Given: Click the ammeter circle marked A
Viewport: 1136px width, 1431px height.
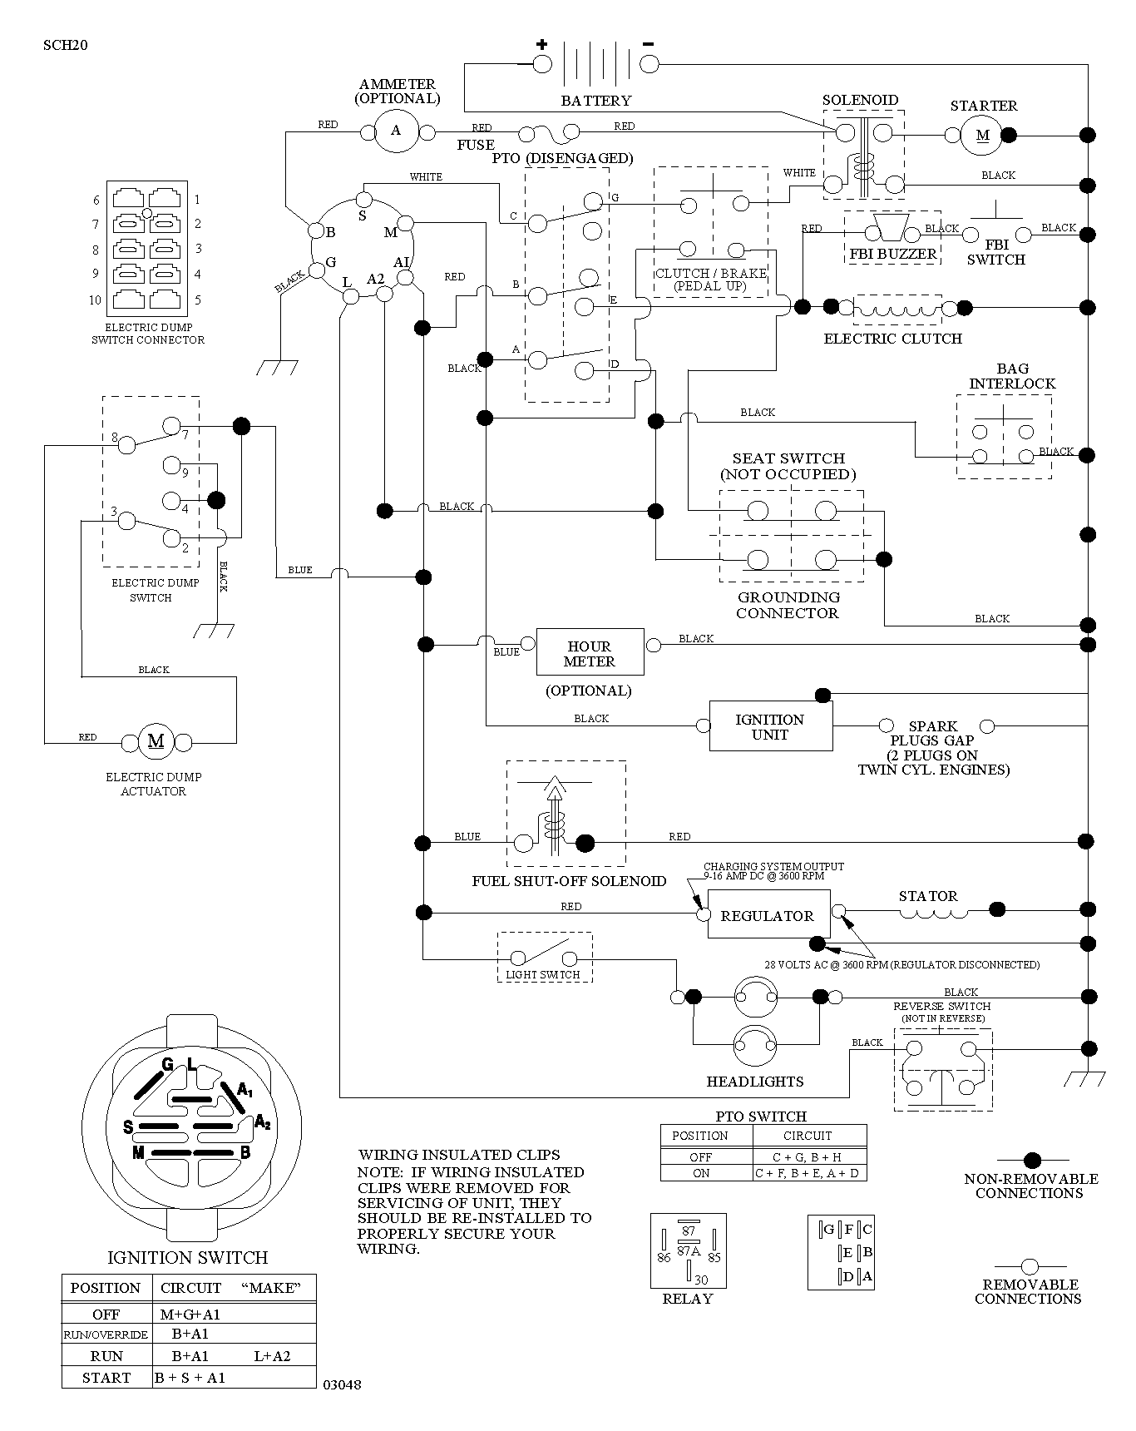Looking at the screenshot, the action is (x=396, y=131).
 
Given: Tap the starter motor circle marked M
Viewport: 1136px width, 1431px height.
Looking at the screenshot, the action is (x=982, y=135).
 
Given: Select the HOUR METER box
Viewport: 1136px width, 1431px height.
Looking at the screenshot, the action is (x=590, y=651).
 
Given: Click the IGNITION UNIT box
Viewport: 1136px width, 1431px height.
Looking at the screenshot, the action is (x=770, y=726).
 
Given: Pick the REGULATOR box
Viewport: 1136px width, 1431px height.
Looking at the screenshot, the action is (x=768, y=914).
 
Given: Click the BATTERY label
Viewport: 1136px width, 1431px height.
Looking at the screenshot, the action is (x=596, y=101).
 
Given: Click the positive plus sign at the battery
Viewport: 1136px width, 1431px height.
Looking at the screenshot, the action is (x=541, y=44).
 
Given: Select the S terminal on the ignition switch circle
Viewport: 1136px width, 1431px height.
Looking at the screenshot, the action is (x=363, y=200).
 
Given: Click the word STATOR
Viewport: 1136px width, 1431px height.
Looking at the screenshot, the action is (x=928, y=896).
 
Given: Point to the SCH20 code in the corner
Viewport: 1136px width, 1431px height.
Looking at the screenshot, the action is (x=66, y=45).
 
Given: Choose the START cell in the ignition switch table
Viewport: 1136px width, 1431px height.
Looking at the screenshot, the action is (x=106, y=1378).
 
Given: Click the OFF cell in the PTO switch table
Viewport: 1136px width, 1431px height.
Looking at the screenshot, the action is (x=701, y=1157).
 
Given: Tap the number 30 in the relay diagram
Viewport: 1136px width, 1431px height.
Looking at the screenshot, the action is (x=701, y=1280).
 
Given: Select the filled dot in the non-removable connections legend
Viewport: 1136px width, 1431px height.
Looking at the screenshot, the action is (x=1032, y=1160).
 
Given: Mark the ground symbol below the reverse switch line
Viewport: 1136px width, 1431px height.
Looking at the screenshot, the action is (x=1085, y=1079).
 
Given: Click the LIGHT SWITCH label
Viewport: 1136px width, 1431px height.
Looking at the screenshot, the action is (x=543, y=974).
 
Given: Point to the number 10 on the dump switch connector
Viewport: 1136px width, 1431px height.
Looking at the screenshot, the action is (x=95, y=300).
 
